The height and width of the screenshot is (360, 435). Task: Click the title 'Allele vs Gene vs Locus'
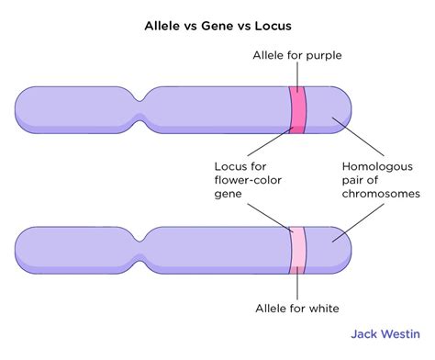[x=217, y=27]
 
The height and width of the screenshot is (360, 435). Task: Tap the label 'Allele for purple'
[x=298, y=56]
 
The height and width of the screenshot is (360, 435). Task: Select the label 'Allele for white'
[x=299, y=309]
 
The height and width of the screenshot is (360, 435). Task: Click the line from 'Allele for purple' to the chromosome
[x=298, y=76]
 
